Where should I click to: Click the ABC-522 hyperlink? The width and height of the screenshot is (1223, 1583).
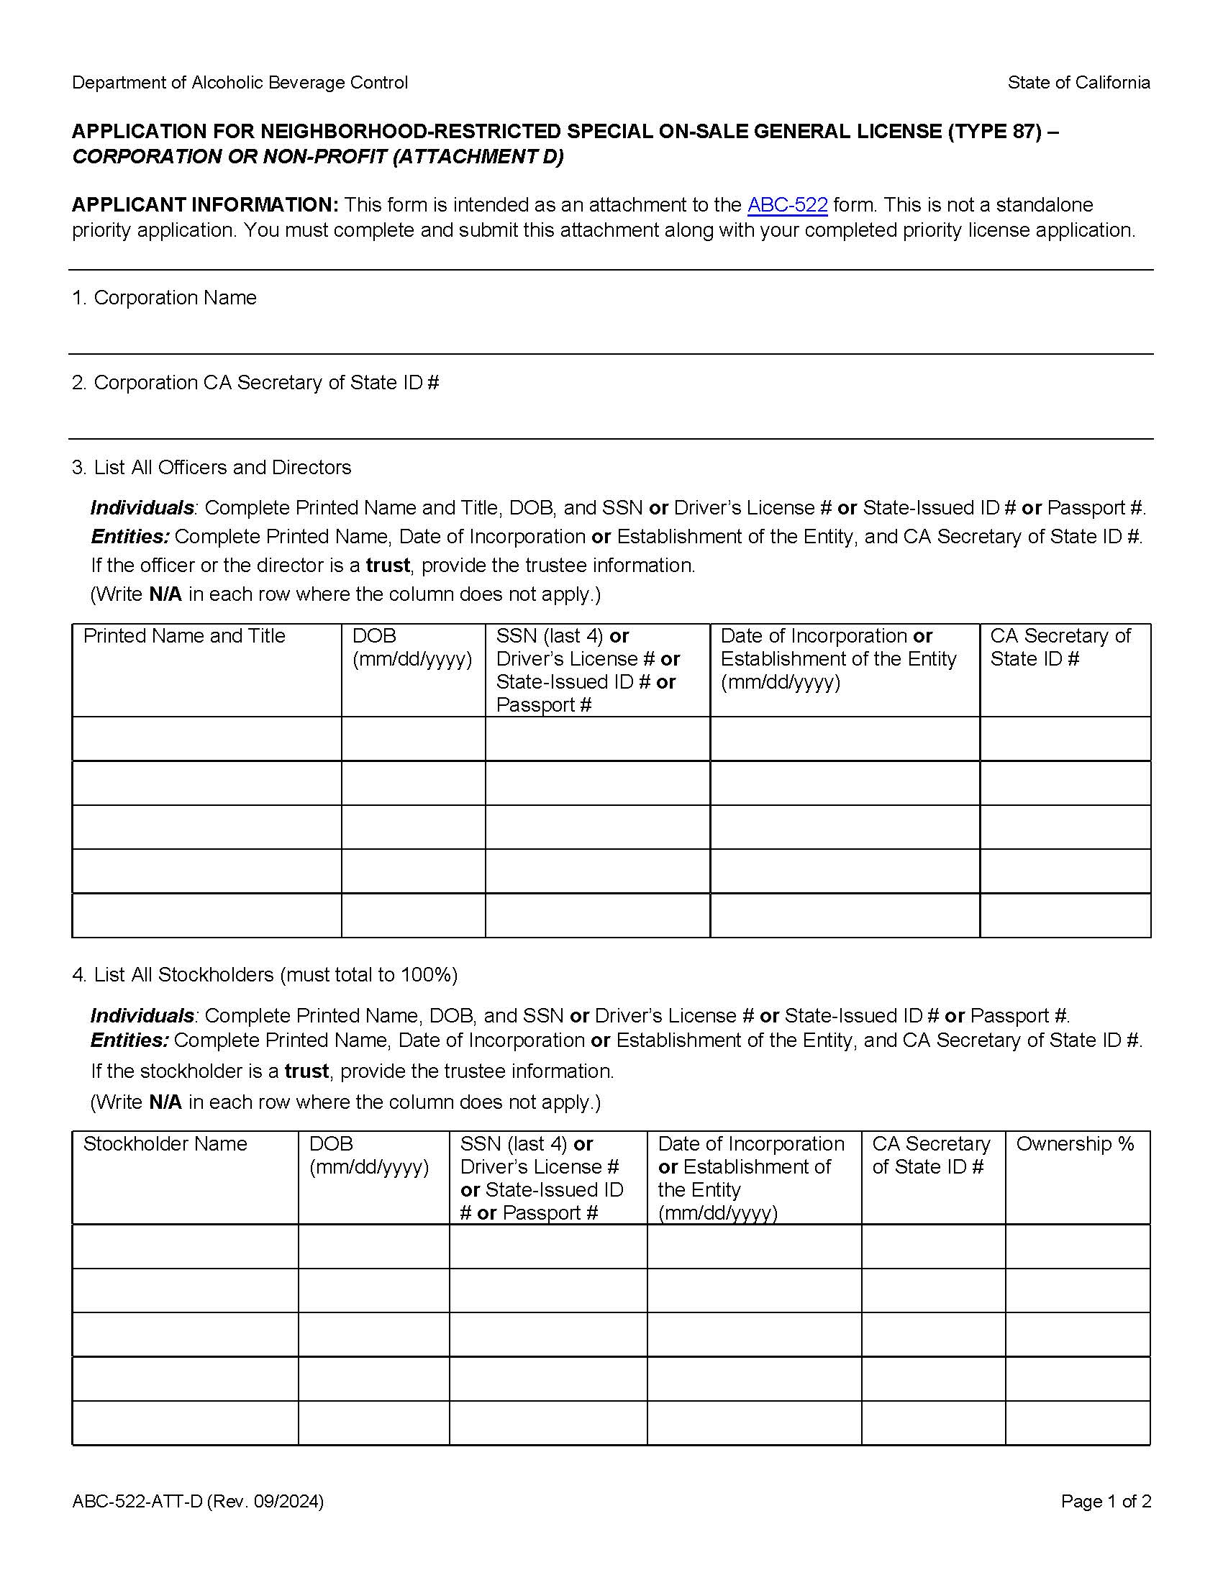[x=787, y=205]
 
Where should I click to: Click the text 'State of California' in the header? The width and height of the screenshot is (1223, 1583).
[x=1078, y=83]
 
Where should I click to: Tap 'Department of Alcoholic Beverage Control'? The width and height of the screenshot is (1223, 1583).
[x=240, y=83]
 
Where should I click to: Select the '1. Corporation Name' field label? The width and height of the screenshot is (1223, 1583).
[x=164, y=298]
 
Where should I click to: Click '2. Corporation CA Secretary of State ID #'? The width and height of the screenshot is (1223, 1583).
[x=255, y=383]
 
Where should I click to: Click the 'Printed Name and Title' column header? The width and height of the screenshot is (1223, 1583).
[x=184, y=636]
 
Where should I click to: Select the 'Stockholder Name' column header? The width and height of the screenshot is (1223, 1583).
[x=165, y=1144]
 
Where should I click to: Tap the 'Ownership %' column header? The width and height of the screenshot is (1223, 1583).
[x=1075, y=1144]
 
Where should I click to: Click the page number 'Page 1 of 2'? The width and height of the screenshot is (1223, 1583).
[x=1106, y=1501]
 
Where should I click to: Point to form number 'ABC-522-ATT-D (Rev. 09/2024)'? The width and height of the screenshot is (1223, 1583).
[x=198, y=1501]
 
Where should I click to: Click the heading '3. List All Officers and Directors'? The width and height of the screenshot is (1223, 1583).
[x=212, y=468]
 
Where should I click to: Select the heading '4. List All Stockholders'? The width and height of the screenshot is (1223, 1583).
[x=265, y=975]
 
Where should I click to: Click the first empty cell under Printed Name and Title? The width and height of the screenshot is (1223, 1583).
[x=206, y=738]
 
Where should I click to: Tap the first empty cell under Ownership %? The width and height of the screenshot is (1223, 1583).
[x=1078, y=1246]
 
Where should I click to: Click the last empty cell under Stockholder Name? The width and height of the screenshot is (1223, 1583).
[x=186, y=1423]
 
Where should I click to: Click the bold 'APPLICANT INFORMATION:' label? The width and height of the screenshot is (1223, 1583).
[x=205, y=205]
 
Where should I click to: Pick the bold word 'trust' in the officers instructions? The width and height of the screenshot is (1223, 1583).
[x=388, y=566]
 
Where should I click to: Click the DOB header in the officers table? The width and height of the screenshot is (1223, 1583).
[x=374, y=636]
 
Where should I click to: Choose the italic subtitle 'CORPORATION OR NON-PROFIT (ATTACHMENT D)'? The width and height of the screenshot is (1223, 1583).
[x=317, y=158]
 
